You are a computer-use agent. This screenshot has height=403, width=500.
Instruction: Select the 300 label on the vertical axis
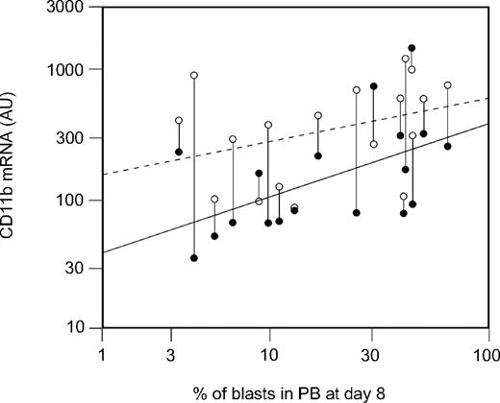[x=69, y=138]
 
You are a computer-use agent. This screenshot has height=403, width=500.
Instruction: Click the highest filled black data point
[x=412, y=48]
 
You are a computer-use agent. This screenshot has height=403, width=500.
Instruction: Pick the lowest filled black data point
[x=194, y=258]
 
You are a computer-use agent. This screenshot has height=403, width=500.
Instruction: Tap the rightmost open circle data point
[x=448, y=85]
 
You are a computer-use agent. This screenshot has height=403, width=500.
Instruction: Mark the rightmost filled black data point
[x=448, y=146]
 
